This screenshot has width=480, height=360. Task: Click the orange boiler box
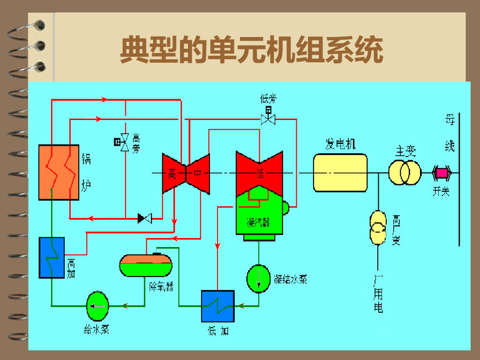(58, 172)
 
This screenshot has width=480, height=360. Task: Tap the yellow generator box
(340, 172)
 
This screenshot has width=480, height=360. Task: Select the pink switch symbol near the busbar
(442, 173)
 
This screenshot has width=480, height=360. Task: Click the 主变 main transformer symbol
(404, 172)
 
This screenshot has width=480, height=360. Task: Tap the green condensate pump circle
(258, 277)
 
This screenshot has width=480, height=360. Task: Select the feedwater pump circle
(97, 306)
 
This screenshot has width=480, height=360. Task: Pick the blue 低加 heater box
(217, 306)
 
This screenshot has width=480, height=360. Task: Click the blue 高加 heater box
(51, 257)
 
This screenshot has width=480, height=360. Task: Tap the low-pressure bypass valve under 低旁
(268, 118)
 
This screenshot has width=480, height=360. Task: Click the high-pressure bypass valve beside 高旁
(124, 142)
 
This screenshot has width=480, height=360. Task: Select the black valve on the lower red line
(144, 218)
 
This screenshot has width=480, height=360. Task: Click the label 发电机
(340, 143)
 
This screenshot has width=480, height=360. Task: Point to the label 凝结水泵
(291, 279)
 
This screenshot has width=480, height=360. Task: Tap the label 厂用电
(378, 293)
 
